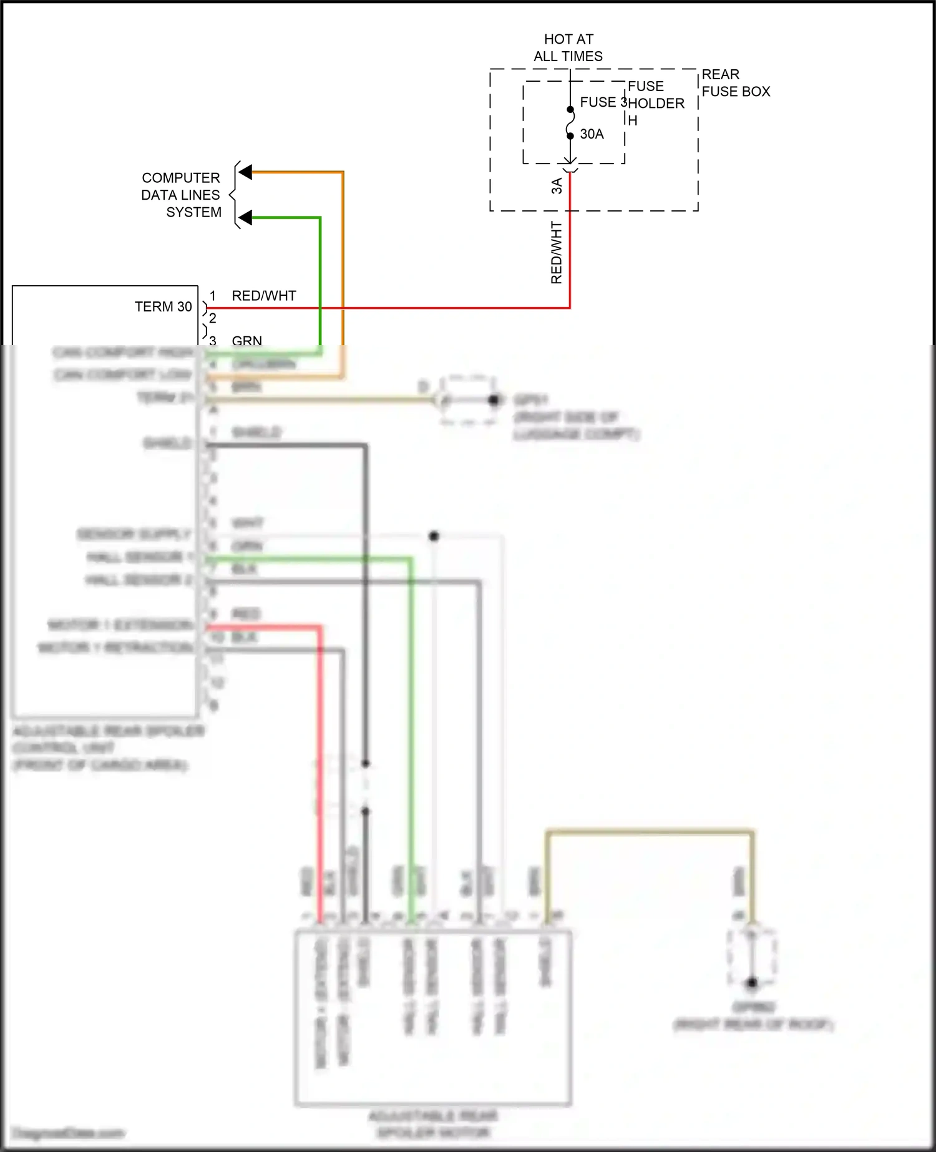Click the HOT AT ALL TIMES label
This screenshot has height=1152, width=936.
click(568, 48)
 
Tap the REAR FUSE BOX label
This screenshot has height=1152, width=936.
click(735, 83)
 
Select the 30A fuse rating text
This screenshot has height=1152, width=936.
click(592, 134)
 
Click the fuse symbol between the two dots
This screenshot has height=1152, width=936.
click(570, 123)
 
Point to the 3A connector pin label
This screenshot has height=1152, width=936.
click(557, 185)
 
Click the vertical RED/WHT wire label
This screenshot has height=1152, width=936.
click(556, 253)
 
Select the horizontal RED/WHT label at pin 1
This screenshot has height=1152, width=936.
click(264, 296)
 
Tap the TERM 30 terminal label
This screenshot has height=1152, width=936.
click(163, 307)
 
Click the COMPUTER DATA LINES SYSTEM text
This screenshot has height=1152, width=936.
click(182, 195)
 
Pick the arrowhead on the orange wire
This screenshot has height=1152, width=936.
click(245, 172)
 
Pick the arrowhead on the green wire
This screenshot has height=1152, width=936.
click(245, 218)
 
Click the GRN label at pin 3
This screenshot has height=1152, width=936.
click(246, 340)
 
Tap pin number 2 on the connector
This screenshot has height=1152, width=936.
click(213, 318)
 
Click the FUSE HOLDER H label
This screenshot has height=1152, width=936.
click(655, 103)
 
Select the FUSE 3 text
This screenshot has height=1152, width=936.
click(603, 102)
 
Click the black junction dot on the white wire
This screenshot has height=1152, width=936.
click(434, 536)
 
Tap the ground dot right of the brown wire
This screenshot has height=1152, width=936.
click(494, 399)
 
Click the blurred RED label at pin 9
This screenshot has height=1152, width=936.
click(246, 614)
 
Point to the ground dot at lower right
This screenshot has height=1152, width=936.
click(752, 983)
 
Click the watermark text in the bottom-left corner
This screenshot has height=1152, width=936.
click(69, 1133)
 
